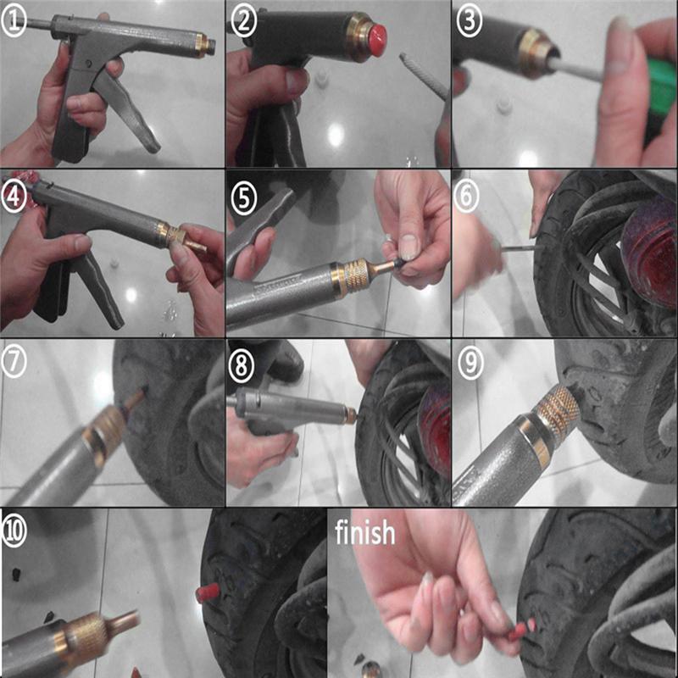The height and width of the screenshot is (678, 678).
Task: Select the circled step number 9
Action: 470,361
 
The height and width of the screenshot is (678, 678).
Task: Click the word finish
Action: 364,533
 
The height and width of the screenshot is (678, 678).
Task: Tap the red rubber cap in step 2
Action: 371,36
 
